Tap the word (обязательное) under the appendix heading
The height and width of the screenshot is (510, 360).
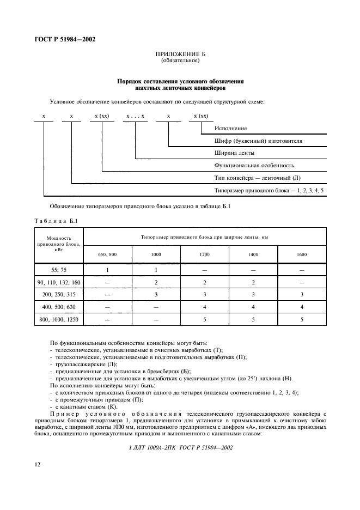click(180, 61)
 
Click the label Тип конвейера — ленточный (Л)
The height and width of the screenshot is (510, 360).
click(254, 178)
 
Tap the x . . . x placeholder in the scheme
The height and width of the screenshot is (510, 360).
click(135, 117)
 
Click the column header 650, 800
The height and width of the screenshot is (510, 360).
click(107, 255)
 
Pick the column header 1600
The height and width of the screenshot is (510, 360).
click(302, 255)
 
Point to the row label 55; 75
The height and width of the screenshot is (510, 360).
click(59, 270)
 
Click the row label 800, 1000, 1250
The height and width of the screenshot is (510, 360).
click(59, 320)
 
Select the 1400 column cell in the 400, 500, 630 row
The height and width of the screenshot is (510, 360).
click(253, 307)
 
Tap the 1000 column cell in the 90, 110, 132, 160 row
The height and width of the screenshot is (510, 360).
click(156, 283)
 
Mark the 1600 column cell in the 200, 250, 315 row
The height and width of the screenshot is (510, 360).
click(302, 295)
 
